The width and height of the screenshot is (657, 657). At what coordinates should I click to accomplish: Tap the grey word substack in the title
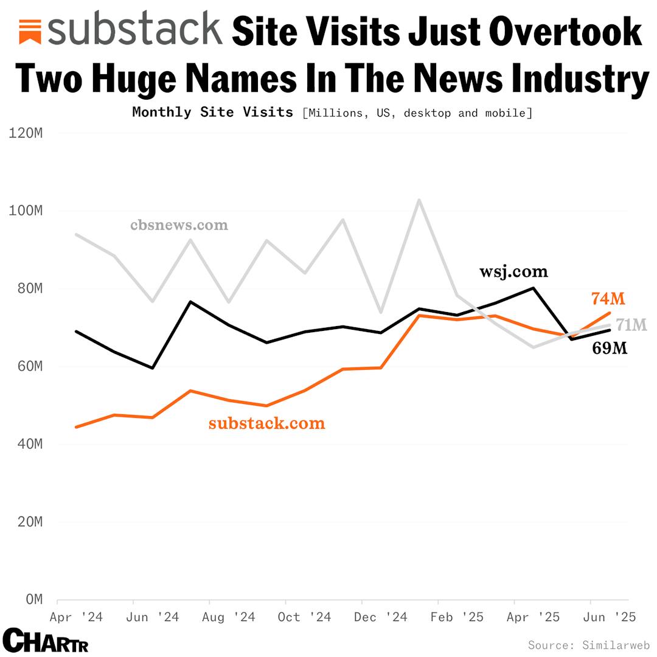pyautogui.click(x=134, y=29)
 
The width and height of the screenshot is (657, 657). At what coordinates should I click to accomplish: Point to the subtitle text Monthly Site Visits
pyautogui.click(x=212, y=113)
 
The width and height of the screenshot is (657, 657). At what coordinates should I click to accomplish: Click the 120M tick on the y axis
pyautogui.click(x=26, y=133)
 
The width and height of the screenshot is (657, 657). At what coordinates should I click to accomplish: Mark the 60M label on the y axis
pyautogui.click(x=26, y=366)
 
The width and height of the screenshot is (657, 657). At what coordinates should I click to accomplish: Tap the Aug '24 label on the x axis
pyautogui.click(x=228, y=617)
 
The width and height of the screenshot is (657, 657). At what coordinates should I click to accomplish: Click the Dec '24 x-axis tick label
pyautogui.click(x=381, y=617)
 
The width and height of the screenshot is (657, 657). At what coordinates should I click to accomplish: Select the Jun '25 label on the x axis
pyautogui.click(x=610, y=617)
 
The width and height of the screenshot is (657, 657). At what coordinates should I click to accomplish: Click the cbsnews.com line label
pyautogui.click(x=179, y=225)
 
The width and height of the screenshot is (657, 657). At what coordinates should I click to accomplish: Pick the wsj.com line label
pyautogui.click(x=513, y=271)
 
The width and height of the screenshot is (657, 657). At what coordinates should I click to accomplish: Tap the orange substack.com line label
pyautogui.click(x=266, y=423)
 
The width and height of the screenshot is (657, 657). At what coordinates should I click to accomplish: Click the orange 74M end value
pyautogui.click(x=608, y=299)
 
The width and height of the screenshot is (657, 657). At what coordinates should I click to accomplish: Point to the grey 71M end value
pyautogui.click(x=631, y=325)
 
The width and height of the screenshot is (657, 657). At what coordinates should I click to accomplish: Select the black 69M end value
pyautogui.click(x=610, y=349)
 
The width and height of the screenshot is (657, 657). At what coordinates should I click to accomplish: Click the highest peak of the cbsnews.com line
pyautogui.click(x=419, y=200)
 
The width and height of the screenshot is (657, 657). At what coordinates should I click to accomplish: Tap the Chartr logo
pyautogui.click(x=46, y=641)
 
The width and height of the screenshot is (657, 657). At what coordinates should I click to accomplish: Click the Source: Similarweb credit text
pyautogui.click(x=589, y=645)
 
